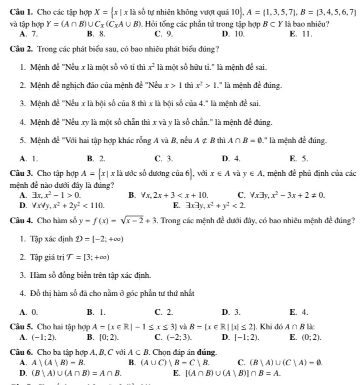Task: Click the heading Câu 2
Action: tap(19, 49)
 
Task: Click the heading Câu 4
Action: tap(19, 221)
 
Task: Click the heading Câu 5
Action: tap(19, 326)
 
